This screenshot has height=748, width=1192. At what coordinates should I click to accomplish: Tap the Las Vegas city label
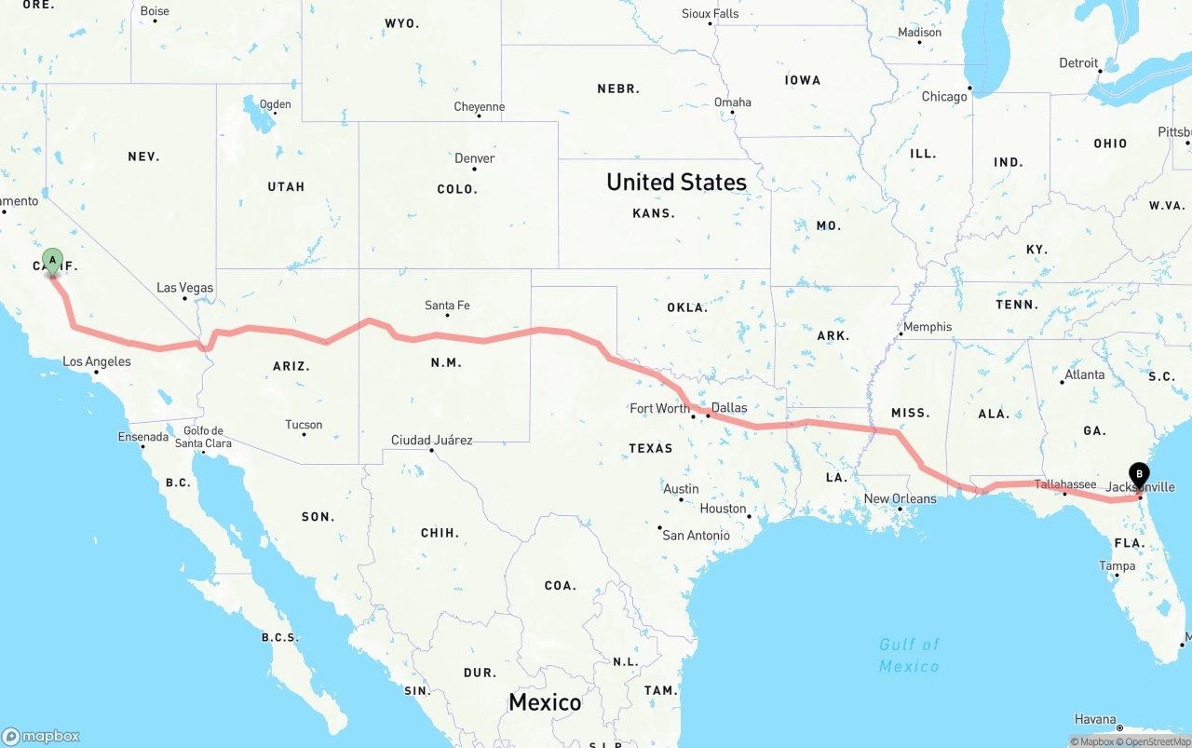(x=184, y=288)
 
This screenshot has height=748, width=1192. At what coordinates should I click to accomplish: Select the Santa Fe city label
(x=447, y=306)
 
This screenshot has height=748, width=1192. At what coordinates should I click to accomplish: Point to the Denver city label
(x=474, y=158)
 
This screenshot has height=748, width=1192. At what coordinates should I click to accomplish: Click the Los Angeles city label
(x=97, y=361)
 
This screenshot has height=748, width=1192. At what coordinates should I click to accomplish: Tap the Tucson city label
(x=304, y=425)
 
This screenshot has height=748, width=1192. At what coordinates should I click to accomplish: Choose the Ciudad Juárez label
(x=431, y=440)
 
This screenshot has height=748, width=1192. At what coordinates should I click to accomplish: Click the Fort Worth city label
(x=659, y=408)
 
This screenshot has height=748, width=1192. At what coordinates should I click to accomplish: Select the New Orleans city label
(x=900, y=498)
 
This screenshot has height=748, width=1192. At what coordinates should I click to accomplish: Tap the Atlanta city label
(x=1085, y=374)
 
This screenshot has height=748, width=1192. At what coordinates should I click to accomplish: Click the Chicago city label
(x=944, y=97)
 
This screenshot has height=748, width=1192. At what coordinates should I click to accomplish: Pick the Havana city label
(x=1095, y=719)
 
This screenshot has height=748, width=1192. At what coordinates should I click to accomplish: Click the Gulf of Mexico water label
(x=909, y=655)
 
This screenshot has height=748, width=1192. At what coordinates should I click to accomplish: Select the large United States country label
(x=676, y=182)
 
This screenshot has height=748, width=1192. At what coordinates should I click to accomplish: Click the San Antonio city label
(x=696, y=535)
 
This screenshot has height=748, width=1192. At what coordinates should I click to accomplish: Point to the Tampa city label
(x=1117, y=565)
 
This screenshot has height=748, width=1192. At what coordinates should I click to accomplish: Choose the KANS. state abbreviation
(x=653, y=213)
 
